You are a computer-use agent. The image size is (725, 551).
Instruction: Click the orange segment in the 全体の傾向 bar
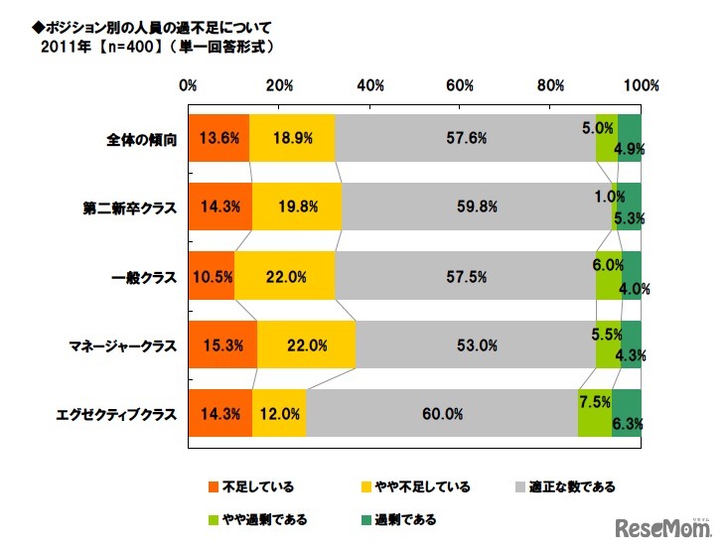pos(217,138)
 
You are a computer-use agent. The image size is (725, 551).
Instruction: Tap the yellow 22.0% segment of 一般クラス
pos(284,276)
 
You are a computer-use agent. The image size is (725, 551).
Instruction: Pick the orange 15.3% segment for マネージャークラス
pos(221,345)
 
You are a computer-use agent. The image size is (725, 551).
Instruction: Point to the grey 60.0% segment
pos(442,414)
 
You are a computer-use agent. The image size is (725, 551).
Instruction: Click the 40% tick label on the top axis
pos(369,85)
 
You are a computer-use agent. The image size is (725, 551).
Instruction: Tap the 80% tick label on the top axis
pos(551,85)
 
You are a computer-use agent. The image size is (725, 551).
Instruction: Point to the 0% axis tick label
pos(187,85)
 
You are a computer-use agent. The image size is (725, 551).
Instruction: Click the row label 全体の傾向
pos(141,139)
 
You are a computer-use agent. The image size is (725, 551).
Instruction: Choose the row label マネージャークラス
pos(123,346)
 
